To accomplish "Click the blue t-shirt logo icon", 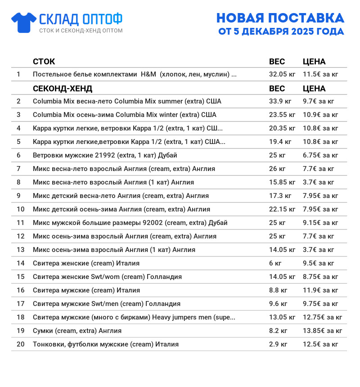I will click(x=24, y=22).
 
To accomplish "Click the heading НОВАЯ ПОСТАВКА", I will click(x=280, y=18).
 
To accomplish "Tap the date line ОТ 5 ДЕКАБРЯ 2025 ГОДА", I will click(x=281, y=31).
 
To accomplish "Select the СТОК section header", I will click(x=44, y=62).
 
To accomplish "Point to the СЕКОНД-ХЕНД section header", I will click(x=63, y=89).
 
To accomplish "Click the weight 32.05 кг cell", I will click(x=282, y=74).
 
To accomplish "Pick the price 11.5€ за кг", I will click(x=320, y=74).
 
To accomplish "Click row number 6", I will click(x=18, y=155).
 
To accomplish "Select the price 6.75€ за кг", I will click(x=320, y=155).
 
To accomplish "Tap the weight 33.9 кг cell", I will click(x=280, y=101).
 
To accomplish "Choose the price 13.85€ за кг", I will click(x=322, y=331).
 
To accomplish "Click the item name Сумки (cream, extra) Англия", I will click(x=77, y=331).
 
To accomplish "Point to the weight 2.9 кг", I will click(x=278, y=344).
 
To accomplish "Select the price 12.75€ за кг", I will click(x=322, y=317).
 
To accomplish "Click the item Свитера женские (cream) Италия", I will click(x=86, y=263).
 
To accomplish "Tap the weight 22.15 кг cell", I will click(x=282, y=209).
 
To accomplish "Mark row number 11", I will click(x=20, y=223).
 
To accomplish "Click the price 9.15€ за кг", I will click(x=320, y=223).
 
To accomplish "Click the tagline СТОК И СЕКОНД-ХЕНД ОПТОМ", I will click(x=81, y=31).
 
